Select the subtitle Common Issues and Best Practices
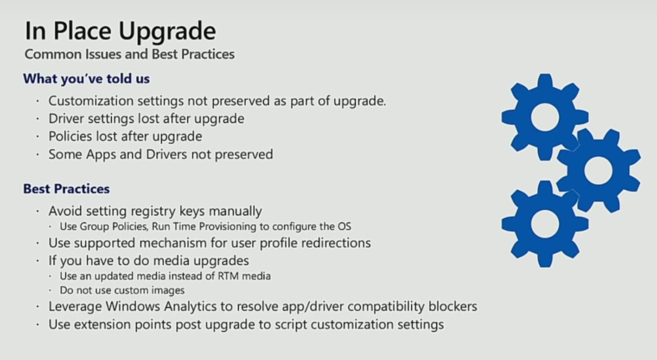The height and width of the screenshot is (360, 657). (130, 54)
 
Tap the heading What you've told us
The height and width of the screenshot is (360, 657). (87, 79)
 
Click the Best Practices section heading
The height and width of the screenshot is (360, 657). (67, 189)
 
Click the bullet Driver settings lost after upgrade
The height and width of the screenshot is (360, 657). (147, 119)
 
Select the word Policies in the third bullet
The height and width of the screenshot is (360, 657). (70, 136)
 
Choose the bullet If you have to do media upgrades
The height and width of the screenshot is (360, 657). (149, 261)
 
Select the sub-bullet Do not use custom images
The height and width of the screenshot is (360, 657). (122, 290)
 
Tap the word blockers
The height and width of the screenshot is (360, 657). (453, 307)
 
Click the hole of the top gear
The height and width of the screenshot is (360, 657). (545, 117)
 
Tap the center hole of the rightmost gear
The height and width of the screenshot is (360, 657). (598, 170)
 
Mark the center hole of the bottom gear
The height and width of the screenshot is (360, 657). (545, 224)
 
